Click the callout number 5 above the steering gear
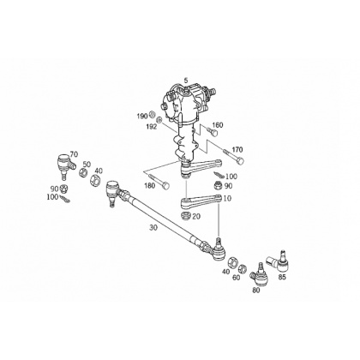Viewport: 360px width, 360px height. (x=186, y=80)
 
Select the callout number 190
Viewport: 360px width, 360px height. (x=141, y=116)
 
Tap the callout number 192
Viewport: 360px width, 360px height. (x=152, y=127)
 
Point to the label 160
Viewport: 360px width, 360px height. (x=218, y=125)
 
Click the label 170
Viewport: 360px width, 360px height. (x=237, y=149)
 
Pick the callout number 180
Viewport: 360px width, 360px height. (x=150, y=186)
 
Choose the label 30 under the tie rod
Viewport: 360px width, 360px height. (x=153, y=228)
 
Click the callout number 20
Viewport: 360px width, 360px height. (x=196, y=217)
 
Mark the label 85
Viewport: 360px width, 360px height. (x=282, y=277)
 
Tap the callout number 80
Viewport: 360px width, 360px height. (x=256, y=291)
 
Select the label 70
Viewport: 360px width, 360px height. (x=74, y=154)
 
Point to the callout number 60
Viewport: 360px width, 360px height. (x=236, y=277)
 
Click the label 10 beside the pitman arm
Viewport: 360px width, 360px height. (x=227, y=198)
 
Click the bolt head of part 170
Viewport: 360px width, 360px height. (x=241, y=161)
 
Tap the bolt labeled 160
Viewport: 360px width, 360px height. (x=213, y=132)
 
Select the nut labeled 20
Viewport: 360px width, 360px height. (x=186, y=215)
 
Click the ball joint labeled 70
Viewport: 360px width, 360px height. (x=65, y=165)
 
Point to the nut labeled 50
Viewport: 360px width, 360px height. (x=83, y=173)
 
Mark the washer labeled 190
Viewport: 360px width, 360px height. (x=153, y=115)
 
